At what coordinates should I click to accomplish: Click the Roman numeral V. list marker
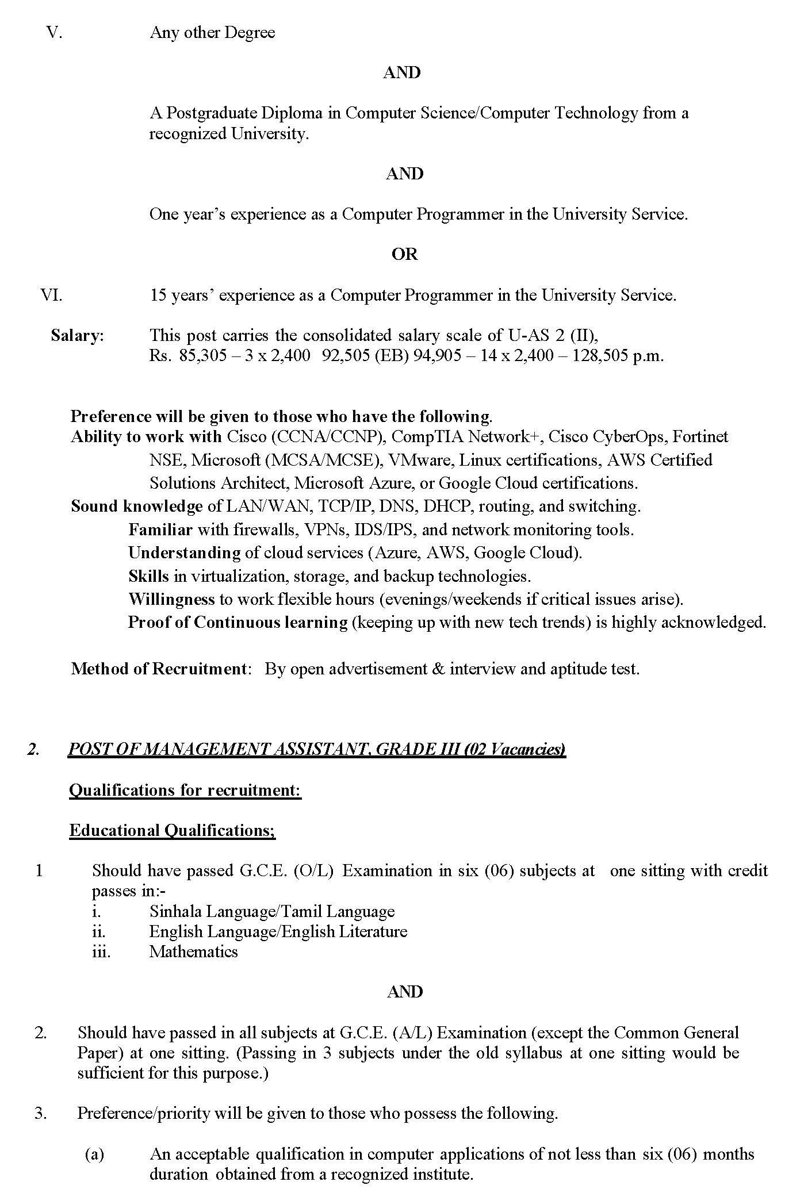tap(54, 32)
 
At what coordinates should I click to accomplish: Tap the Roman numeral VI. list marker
tap(51, 296)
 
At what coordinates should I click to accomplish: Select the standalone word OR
tap(404, 255)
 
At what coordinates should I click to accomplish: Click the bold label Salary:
tap(78, 336)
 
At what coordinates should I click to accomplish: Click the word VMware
tap(413, 461)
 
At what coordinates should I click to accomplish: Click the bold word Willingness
tap(171, 600)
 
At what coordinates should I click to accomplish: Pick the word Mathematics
tap(193, 951)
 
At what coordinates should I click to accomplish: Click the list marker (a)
tap(94, 1154)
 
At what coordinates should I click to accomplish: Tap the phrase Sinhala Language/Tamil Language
tap(272, 911)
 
